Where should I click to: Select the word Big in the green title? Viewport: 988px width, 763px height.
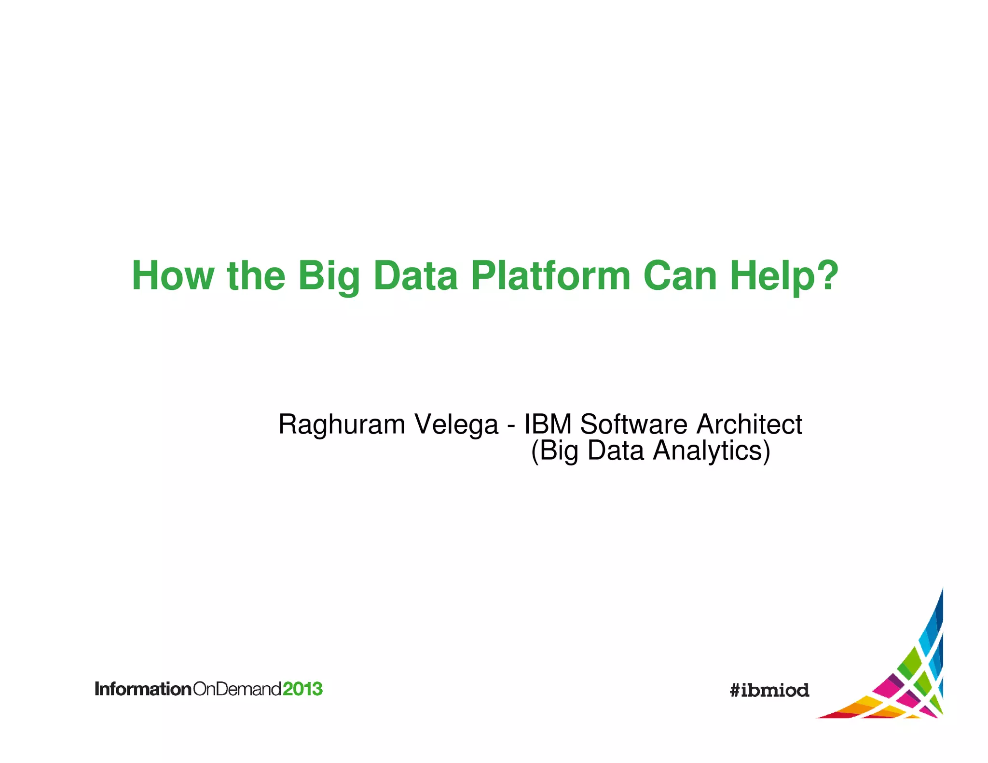pos(329,277)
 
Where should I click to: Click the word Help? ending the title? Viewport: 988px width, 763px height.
pos(784,277)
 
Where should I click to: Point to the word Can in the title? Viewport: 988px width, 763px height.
pos(680,276)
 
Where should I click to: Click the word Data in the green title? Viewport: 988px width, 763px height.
pos(415,276)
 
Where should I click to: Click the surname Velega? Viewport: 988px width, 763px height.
pos(456,424)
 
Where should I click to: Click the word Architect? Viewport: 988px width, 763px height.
pos(749,424)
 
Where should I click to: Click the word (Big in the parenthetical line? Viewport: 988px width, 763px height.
pos(554,451)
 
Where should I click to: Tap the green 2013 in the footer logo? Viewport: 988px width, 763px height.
pos(302,689)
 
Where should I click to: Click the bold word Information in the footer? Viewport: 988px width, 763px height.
pos(143,689)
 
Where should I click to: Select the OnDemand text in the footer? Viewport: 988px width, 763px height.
pos(237,689)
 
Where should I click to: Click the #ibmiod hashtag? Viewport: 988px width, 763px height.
pos(769,690)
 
